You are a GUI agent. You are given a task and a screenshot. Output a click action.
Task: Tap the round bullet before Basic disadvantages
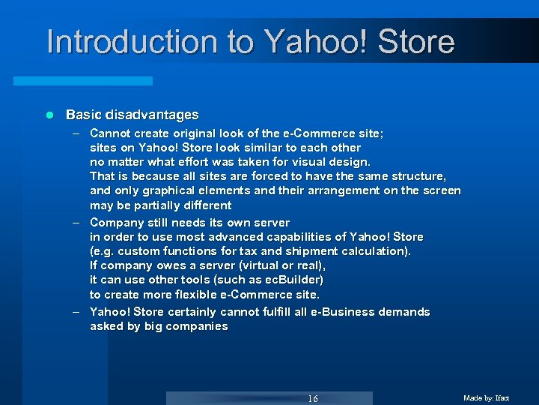(50, 115)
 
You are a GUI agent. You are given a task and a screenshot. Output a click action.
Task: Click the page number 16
(313, 398)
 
